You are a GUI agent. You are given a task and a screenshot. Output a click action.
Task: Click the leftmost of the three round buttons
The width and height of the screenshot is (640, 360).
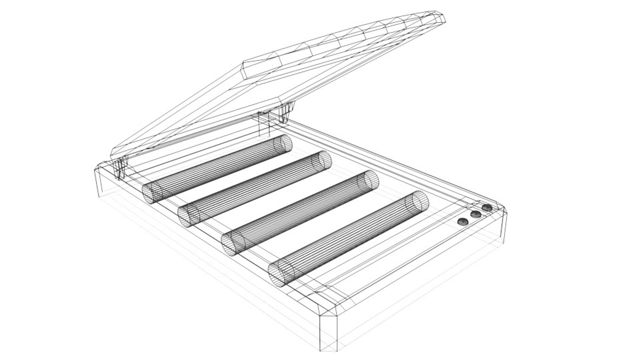[x=463, y=222]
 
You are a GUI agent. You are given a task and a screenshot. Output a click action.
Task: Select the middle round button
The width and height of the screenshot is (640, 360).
[x=476, y=214]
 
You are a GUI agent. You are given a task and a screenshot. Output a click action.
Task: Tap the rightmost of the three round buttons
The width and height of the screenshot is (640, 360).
[x=487, y=208]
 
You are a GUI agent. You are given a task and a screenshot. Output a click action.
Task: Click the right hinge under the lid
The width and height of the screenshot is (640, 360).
[x=287, y=112]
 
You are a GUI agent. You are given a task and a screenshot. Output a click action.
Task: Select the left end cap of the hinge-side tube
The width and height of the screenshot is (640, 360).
[x=152, y=192]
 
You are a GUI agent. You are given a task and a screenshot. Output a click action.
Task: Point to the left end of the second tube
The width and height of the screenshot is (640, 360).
[x=188, y=216]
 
